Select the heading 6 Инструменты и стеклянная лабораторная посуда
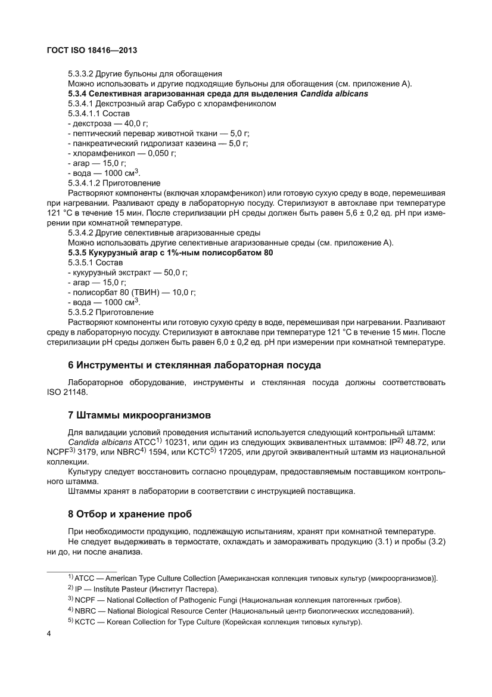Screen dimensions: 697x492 194,364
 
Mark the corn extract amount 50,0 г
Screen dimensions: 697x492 173,272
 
